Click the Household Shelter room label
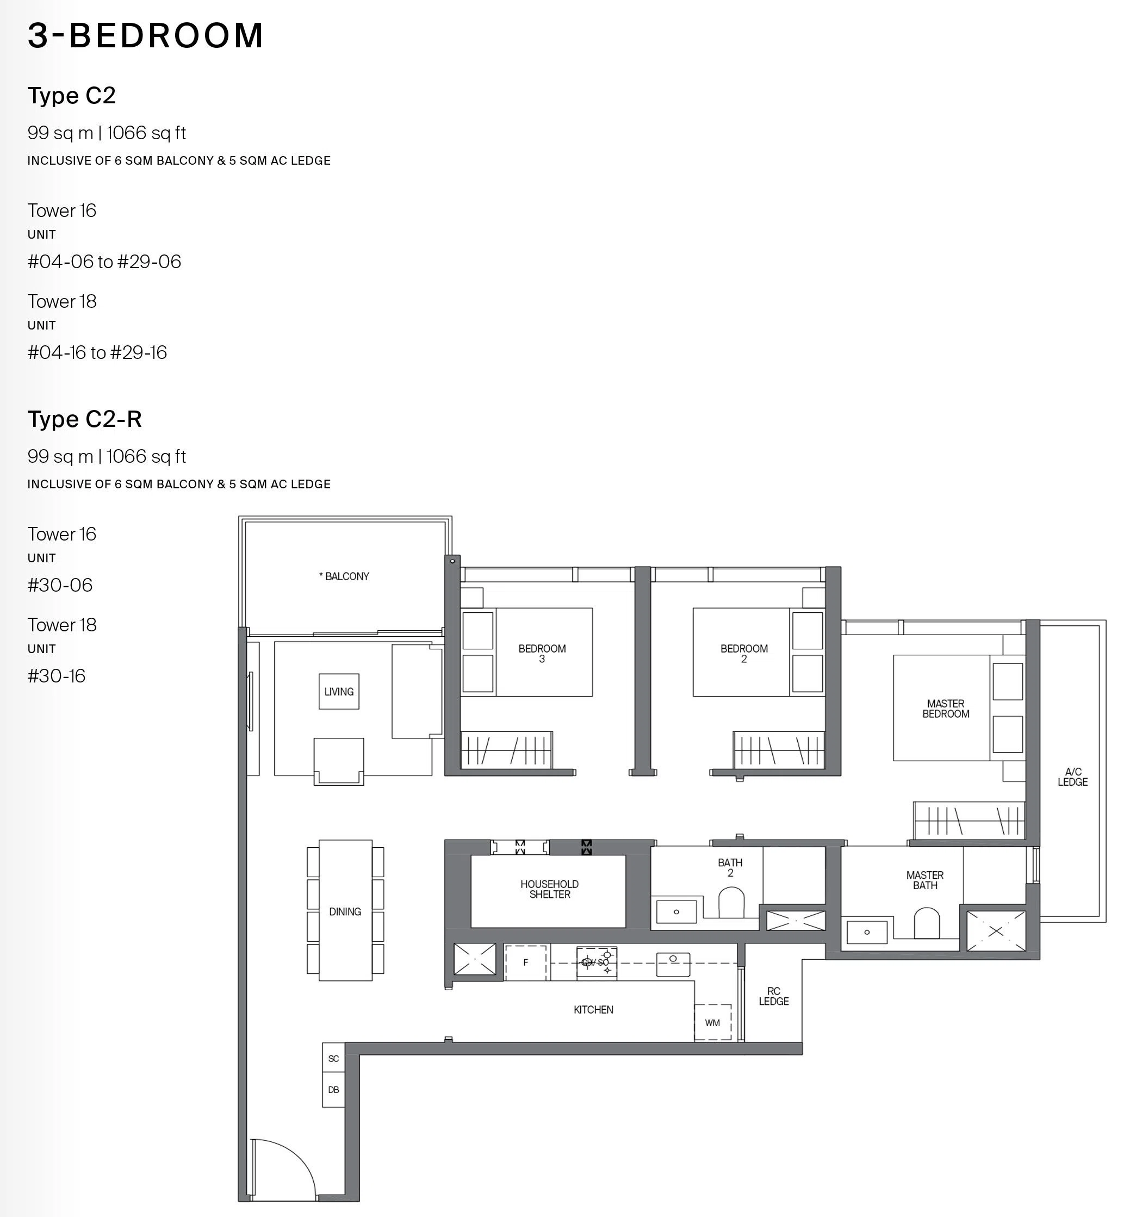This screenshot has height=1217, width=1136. pyautogui.click(x=549, y=889)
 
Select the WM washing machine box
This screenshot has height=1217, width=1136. pyautogui.click(x=712, y=1022)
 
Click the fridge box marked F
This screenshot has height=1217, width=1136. pyautogui.click(x=525, y=963)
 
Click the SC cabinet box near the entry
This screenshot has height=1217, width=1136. pyautogui.click(x=333, y=1058)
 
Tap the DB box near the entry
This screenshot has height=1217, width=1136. pyautogui.click(x=333, y=1090)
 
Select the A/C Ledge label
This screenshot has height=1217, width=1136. pyautogui.click(x=1072, y=777)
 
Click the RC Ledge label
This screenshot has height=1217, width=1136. pyautogui.click(x=774, y=996)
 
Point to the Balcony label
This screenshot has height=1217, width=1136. pyautogui.click(x=344, y=576)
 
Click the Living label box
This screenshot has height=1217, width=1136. pyautogui.click(x=339, y=692)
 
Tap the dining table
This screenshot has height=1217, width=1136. pyautogui.click(x=345, y=910)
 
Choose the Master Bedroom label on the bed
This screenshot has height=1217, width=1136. pyautogui.click(x=946, y=709)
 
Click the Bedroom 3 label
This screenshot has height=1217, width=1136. pyautogui.click(x=542, y=654)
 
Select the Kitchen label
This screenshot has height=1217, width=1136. pyautogui.click(x=593, y=1010)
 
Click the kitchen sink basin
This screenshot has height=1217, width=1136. pyautogui.click(x=673, y=964)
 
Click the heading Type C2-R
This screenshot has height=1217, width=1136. pyautogui.click(x=84, y=419)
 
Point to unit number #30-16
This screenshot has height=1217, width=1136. pyautogui.click(x=57, y=676)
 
